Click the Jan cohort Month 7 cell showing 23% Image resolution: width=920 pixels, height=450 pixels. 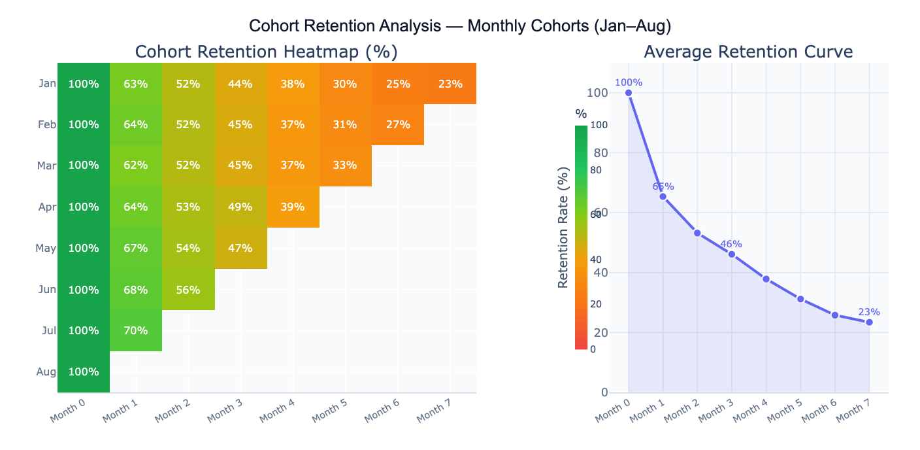[450, 84]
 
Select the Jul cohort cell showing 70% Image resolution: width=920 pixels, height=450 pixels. [136, 330]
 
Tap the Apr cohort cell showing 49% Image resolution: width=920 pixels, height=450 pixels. [240, 207]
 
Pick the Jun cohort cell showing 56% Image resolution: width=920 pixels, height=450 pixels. [188, 289]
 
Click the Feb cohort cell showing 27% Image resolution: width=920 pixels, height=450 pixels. [398, 124]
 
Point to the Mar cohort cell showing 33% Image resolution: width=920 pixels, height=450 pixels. [345, 165]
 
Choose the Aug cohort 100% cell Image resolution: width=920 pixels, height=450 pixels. [84, 372]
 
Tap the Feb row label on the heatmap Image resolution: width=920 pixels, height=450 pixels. [47, 124]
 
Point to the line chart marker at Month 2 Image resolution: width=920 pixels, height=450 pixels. [697, 233]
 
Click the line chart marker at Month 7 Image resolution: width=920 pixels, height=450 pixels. [869, 322]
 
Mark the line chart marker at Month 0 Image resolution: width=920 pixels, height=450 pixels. [629, 93]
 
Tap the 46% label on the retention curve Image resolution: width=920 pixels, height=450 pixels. [731, 244]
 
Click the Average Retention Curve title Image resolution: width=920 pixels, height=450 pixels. [748, 52]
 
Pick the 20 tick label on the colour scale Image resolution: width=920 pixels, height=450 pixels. [595, 304]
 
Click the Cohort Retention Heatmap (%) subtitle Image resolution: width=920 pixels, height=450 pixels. [266, 52]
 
